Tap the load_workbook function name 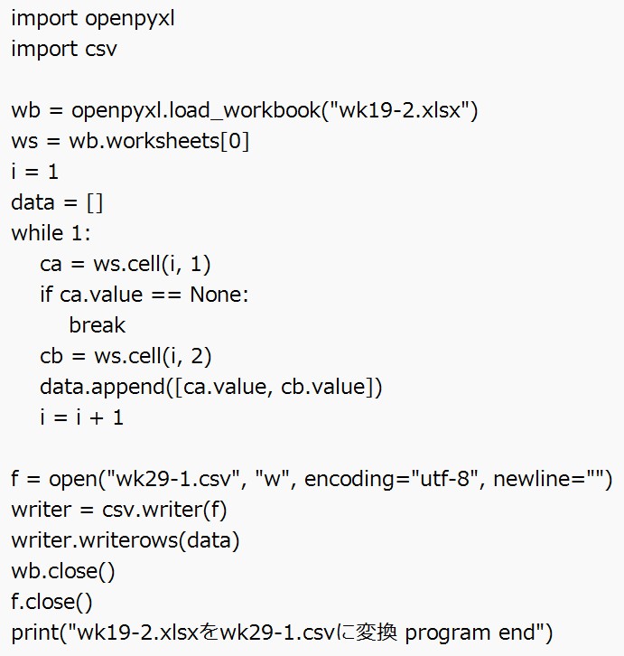pos(234,110)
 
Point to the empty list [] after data pos(95,202)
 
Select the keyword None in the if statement pos(219,295)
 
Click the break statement pos(97,325)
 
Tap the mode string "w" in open pos(272,479)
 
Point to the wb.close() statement pos(62,571)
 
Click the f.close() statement pos(51,602)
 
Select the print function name pos(31,633)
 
